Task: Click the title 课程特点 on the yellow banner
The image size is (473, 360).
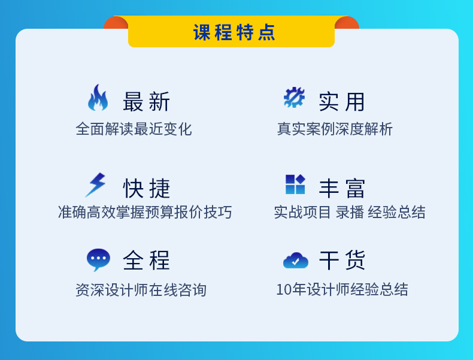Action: [x=234, y=32]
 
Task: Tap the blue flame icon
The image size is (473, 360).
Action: [x=98, y=98]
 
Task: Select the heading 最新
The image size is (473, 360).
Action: [x=146, y=102]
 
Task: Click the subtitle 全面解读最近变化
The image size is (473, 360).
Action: [x=134, y=129]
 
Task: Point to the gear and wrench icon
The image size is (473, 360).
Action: [x=294, y=97]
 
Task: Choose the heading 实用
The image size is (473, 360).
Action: [x=342, y=102]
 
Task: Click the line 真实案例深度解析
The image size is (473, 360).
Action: [x=335, y=129]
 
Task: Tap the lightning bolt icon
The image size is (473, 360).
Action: [x=96, y=185]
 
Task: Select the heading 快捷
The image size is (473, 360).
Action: [x=147, y=188]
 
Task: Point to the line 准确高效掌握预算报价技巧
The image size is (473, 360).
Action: [x=145, y=212]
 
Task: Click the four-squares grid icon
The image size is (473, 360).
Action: [x=295, y=184]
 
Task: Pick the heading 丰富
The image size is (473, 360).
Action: [x=342, y=188]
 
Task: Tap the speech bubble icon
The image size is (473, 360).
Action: [x=98, y=259]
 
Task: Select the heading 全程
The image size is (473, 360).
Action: [x=146, y=260]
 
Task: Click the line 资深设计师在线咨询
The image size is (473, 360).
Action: [x=141, y=290]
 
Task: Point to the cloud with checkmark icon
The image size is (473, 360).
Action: [x=296, y=261]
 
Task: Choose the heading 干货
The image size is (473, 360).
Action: [x=342, y=260]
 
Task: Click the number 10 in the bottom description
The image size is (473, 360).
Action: [x=284, y=290]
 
